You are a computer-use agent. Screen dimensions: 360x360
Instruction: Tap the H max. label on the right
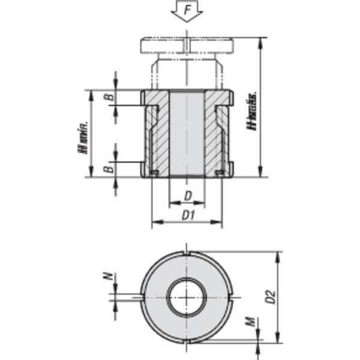253,110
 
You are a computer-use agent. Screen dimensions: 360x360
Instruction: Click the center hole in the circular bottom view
187,297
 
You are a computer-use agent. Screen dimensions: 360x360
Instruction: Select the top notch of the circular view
187,254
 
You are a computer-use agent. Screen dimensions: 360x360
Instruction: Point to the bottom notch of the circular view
187,340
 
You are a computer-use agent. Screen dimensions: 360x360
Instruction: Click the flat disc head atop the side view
187,46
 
